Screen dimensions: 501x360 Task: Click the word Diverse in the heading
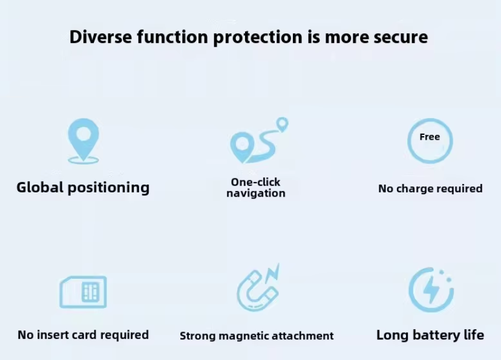[100, 37]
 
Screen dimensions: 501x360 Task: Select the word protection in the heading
[258, 38]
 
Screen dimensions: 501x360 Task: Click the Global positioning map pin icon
[83, 141]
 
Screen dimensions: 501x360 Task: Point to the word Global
[40, 187]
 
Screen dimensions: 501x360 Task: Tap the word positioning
[109, 188]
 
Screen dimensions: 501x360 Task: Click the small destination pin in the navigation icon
[282, 124]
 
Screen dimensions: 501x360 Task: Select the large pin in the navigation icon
[242, 147]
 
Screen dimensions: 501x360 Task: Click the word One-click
[255, 182]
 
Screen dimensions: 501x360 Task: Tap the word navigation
[255, 193]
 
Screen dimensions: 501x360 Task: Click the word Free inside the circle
[430, 137]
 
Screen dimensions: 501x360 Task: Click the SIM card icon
[83, 292]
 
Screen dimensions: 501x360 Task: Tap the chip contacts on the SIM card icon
[90, 292]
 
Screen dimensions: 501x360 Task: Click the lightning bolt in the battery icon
[431, 289]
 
